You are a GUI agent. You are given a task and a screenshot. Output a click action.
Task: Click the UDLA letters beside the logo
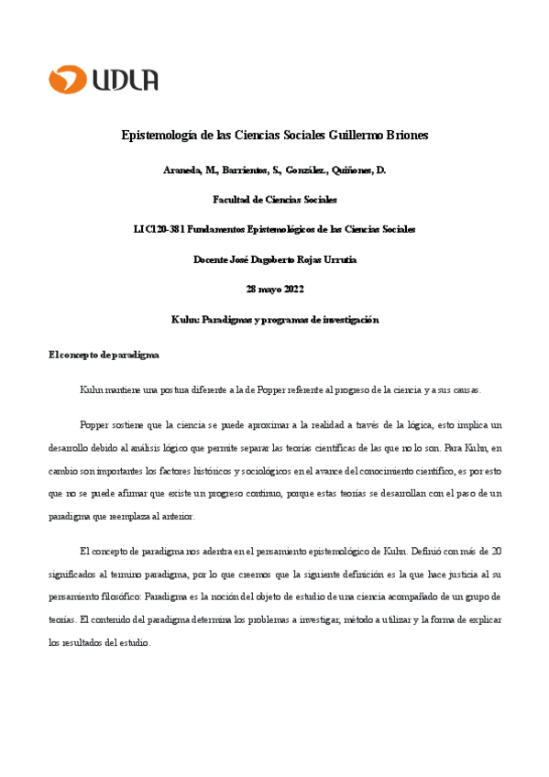click(x=126, y=80)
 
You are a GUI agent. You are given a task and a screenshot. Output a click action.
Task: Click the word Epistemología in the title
click(x=162, y=136)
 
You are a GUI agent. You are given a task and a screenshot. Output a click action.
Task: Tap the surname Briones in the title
click(x=404, y=136)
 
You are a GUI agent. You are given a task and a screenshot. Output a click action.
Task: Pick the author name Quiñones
click(x=344, y=170)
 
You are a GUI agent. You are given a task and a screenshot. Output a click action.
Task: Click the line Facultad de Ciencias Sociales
click(x=274, y=199)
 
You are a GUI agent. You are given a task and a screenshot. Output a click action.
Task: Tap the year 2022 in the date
click(x=291, y=290)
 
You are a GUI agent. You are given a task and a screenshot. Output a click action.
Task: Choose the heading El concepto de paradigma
click(x=104, y=354)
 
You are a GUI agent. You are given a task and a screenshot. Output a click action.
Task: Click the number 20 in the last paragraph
click(x=495, y=552)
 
